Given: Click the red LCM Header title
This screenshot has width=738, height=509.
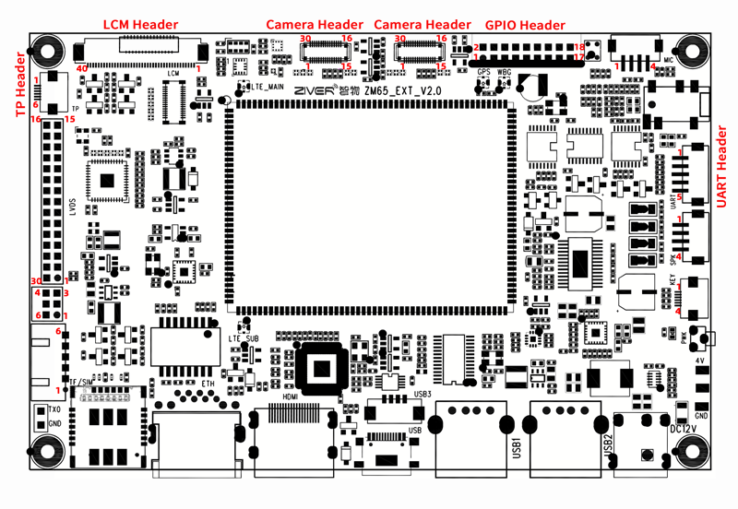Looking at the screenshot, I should [x=140, y=24].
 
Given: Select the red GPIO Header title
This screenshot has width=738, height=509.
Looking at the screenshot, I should [x=527, y=24].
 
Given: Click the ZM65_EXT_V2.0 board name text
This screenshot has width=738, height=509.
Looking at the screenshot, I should [x=403, y=90].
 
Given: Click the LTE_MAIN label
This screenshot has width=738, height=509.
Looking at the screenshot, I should [x=268, y=86].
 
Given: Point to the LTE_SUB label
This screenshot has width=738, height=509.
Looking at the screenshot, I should [x=244, y=338].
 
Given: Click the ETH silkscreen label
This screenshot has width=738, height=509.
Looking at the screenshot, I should [x=208, y=381].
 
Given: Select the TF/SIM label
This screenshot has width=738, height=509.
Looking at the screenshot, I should [x=80, y=382].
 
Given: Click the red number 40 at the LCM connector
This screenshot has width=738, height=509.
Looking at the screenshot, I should [x=82, y=67].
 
